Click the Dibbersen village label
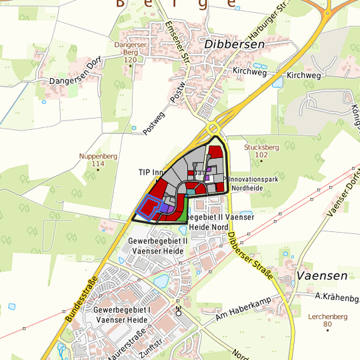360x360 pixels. point(235,44)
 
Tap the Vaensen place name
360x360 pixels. point(322,275)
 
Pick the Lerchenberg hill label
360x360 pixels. point(326,317)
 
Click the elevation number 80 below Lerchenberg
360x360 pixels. point(327,325)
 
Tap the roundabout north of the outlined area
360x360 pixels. point(214,128)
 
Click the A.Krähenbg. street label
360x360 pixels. point(337,297)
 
